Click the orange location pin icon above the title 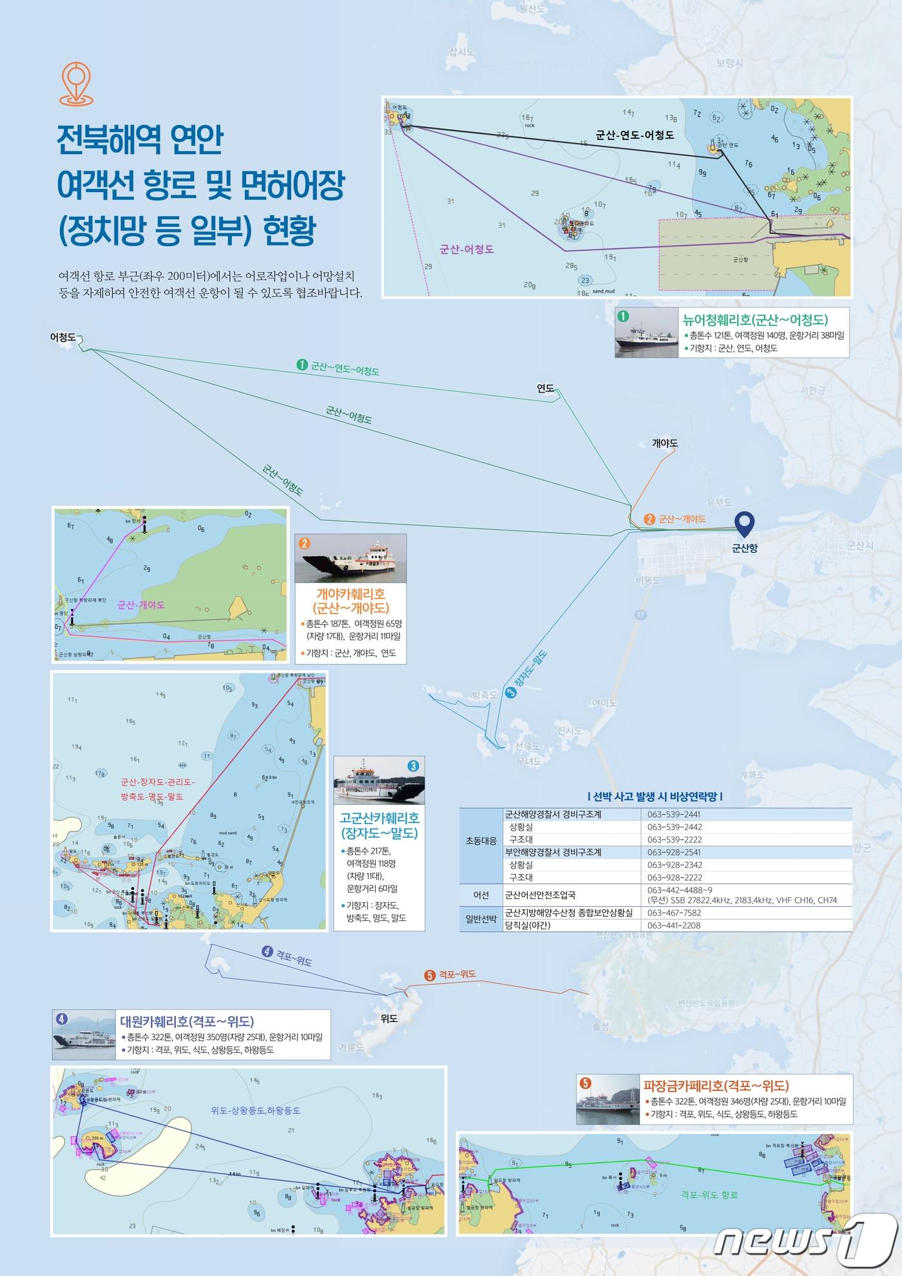[x=76, y=83]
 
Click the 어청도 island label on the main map [x=63, y=337]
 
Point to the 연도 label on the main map [x=545, y=388]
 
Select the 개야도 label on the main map [x=665, y=443]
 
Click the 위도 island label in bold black [x=389, y=1019]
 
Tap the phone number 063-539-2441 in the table [x=674, y=814]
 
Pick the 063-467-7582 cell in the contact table [x=674, y=913]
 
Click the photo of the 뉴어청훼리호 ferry [x=645, y=333]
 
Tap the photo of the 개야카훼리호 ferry [x=350, y=558]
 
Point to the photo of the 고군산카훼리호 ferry [x=379, y=780]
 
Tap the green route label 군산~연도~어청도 [x=344, y=368]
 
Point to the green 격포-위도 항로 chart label [x=709, y=1194]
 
